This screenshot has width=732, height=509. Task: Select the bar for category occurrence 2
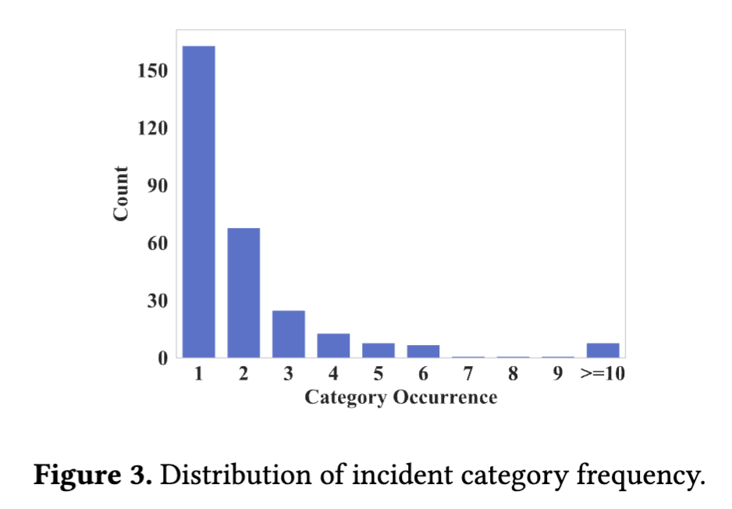coord(243,293)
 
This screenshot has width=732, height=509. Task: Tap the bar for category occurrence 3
coord(288,334)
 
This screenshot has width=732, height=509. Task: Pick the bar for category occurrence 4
coord(333,345)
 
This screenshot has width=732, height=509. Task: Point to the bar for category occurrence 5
coord(378,350)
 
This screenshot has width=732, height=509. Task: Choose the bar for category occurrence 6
coord(423,351)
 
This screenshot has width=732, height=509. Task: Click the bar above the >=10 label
coord(603,350)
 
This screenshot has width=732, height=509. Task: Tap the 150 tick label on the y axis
coord(151,71)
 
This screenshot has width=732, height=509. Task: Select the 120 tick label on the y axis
coord(151,128)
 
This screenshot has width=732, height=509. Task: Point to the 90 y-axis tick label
coord(157,186)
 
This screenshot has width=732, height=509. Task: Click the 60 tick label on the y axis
coord(157,243)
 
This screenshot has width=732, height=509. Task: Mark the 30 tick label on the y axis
coord(157,301)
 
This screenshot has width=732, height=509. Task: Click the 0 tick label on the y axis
coord(162,358)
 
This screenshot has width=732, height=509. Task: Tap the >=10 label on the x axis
coord(602,374)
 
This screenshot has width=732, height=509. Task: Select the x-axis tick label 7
coord(468,374)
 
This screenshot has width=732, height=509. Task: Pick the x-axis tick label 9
coord(558,374)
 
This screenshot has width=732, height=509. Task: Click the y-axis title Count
coord(121,194)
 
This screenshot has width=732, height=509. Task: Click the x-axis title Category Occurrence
coord(400,397)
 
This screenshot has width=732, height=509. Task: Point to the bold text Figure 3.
coord(92,475)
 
